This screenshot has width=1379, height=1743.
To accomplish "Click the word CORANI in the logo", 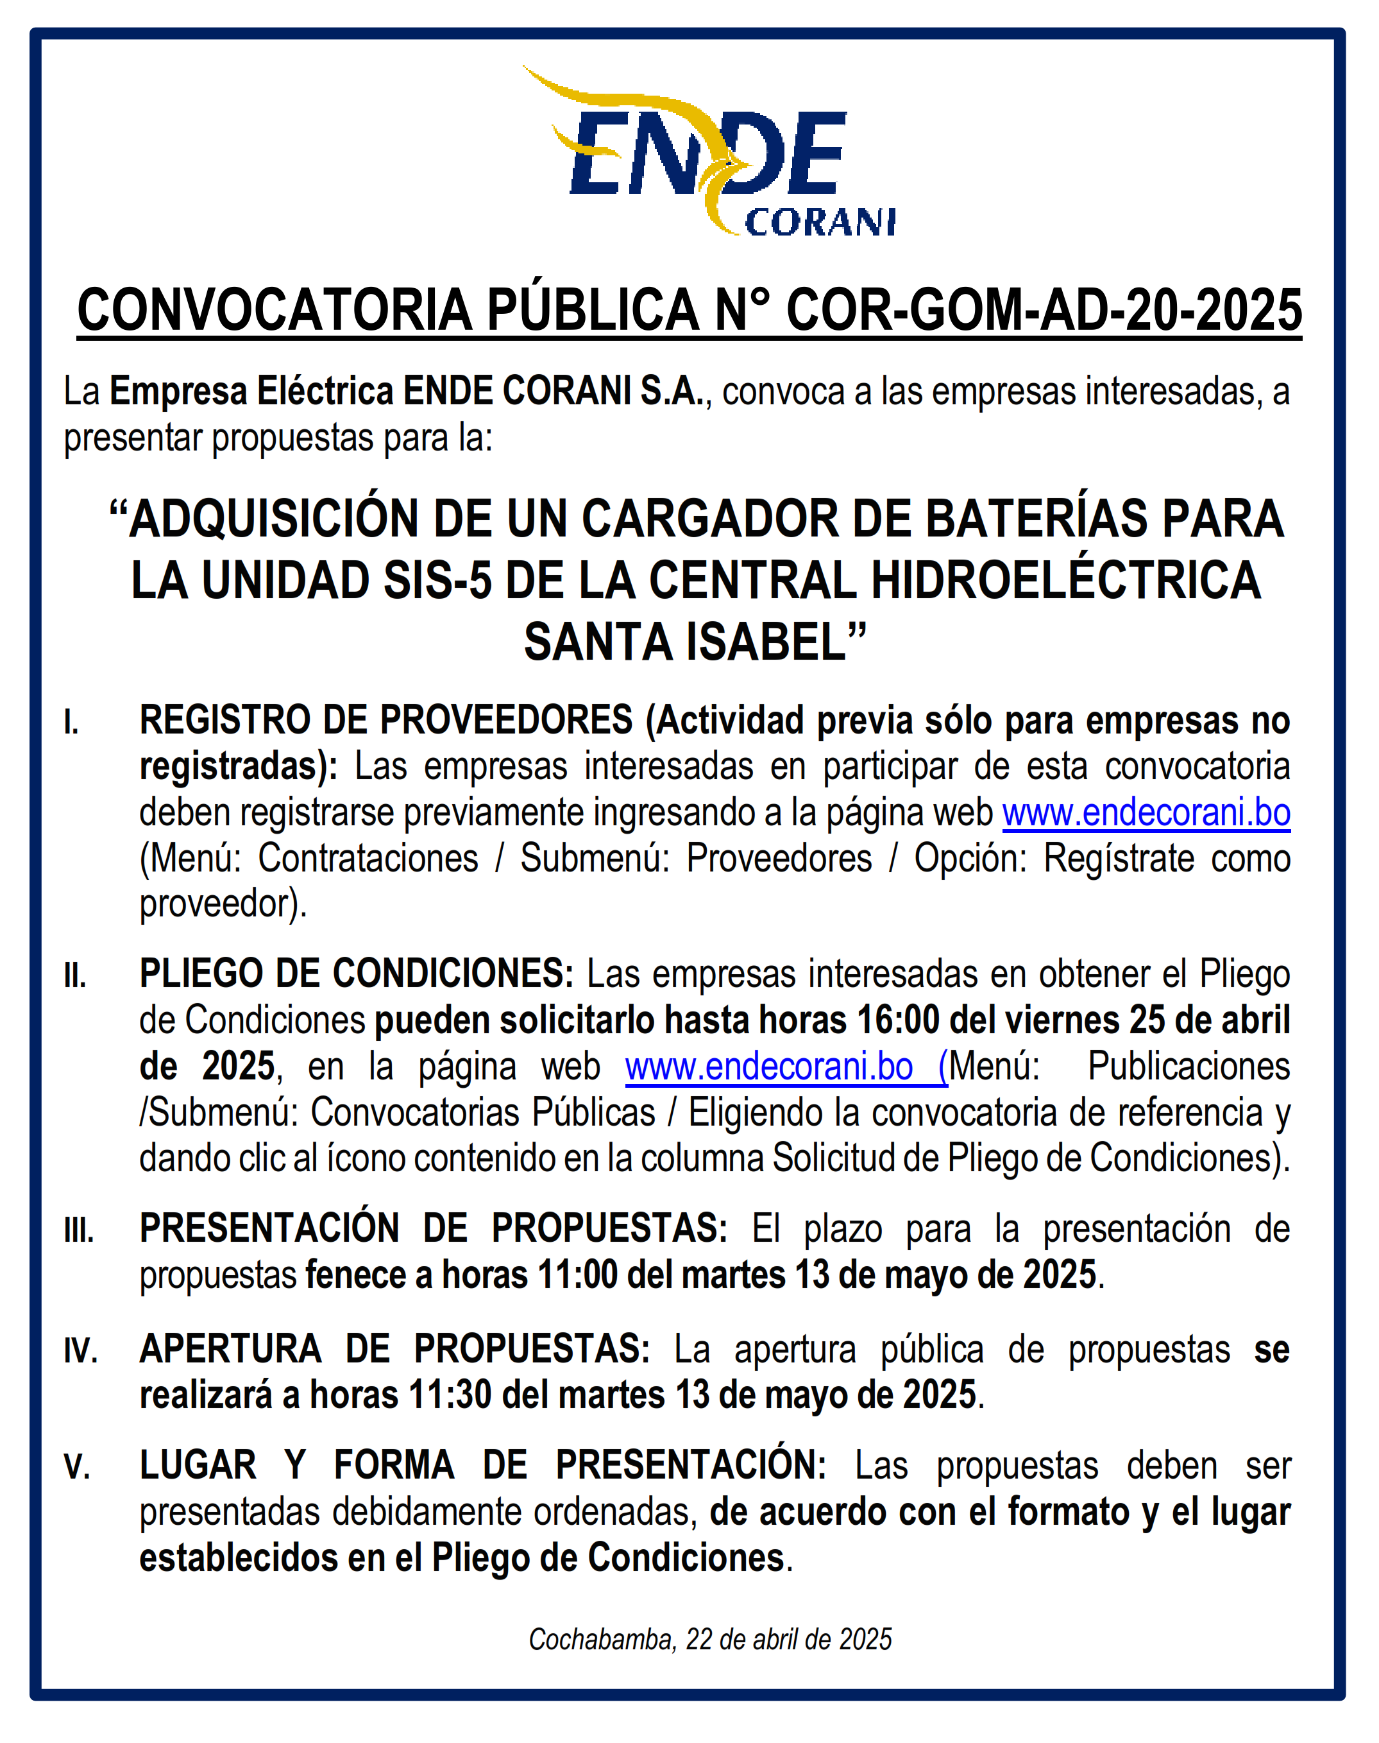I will pos(820,222).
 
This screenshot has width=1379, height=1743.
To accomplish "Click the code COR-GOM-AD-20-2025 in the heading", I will pos(1044,310).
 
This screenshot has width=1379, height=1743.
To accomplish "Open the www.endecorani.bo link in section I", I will pos(1146,812).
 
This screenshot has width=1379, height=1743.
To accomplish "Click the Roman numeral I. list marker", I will pos(72,722).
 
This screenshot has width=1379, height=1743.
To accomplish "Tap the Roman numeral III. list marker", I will pos(79,1231).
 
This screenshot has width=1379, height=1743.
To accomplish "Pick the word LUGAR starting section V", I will pos(198,1465).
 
